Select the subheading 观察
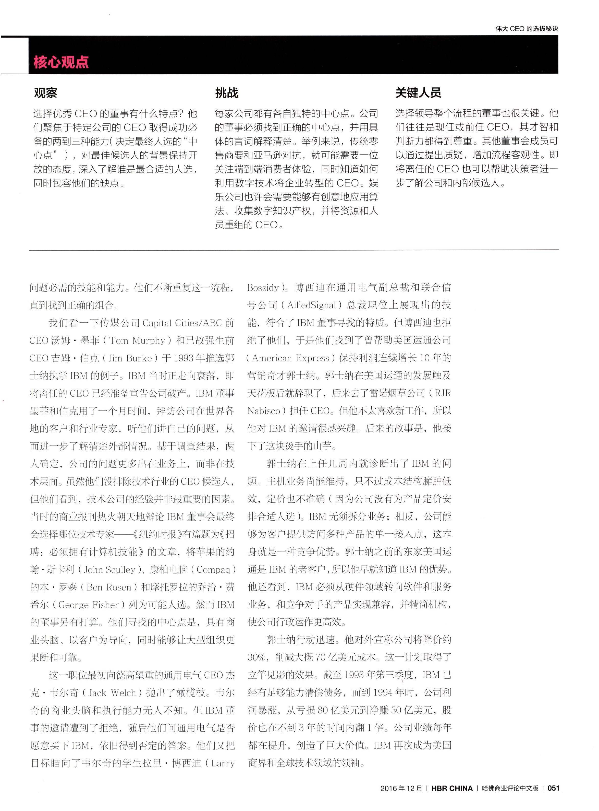pyautogui.click(x=45, y=93)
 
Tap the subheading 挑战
pyautogui.click(x=226, y=93)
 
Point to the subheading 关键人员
pyautogui.click(x=418, y=93)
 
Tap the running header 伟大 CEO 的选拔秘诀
pyautogui.click(x=527, y=29)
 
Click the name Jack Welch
pyautogui.click(x=112, y=693)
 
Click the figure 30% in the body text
pyautogui.click(x=257, y=657)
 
